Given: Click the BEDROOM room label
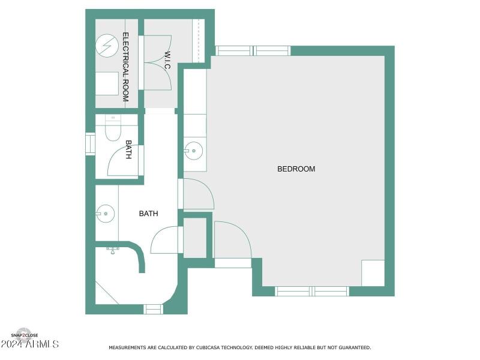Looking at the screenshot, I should pyautogui.click(x=296, y=169).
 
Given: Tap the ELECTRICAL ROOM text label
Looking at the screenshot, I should pyautogui.click(x=126, y=67).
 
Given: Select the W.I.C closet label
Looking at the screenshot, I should pyautogui.click(x=167, y=61).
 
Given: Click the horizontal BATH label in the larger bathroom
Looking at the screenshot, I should pyautogui.click(x=149, y=213).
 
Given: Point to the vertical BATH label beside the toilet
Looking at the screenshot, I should pyautogui.click(x=128, y=150).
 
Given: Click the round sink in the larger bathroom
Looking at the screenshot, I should pyautogui.click(x=106, y=212).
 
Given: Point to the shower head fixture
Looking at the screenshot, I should pyautogui.click(x=113, y=249).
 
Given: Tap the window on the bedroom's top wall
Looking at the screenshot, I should pyautogui.click(x=253, y=51).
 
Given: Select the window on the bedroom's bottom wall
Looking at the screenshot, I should pyautogui.click(x=312, y=292).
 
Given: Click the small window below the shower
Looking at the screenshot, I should pyautogui.click(x=153, y=309).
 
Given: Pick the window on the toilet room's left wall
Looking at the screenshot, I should pyautogui.click(x=90, y=144).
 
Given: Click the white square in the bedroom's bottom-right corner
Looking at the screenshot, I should pyautogui.click(x=373, y=273).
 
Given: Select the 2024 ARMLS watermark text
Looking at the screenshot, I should pyautogui.click(x=30, y=344).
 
